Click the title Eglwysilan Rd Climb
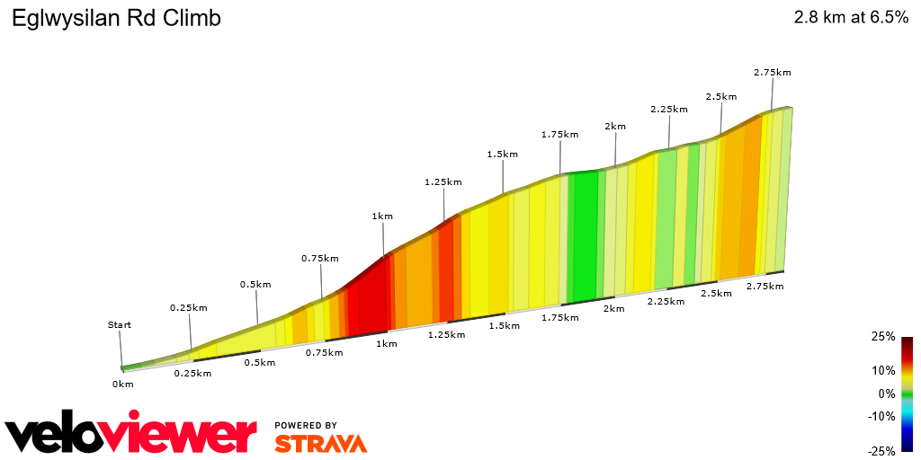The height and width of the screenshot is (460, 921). pyautogui.click(x=116, y=18)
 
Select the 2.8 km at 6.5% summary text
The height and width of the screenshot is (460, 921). pyautogui.click(x=850, y=18)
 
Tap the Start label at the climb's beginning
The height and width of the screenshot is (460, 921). pyautogui.click(x=120, y=325)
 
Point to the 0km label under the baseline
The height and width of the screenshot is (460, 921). pyautogui.click(x=123, y=385)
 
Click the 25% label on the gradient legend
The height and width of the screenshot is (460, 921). pyautogui.click(x=883, y=337)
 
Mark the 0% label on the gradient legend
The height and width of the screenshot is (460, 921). pyautogui.click(x=887, y=394)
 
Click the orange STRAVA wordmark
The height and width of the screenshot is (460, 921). pyautogui.click(x=321, y=444)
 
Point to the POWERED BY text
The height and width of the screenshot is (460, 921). pyautogui.click(x=306, y=425)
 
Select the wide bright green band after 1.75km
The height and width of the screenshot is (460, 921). pyautogui.click(x=585, y=235)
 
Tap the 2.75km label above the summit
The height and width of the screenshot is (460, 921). pyautogui.click(x=773, y=72)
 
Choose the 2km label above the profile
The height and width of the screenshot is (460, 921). pyautogui.click(x=615, y=127)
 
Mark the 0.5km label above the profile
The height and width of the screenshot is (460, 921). pyautogui.click(x=255, y=285)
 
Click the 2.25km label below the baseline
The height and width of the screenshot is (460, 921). pyautogui.click(x=666, y=301)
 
